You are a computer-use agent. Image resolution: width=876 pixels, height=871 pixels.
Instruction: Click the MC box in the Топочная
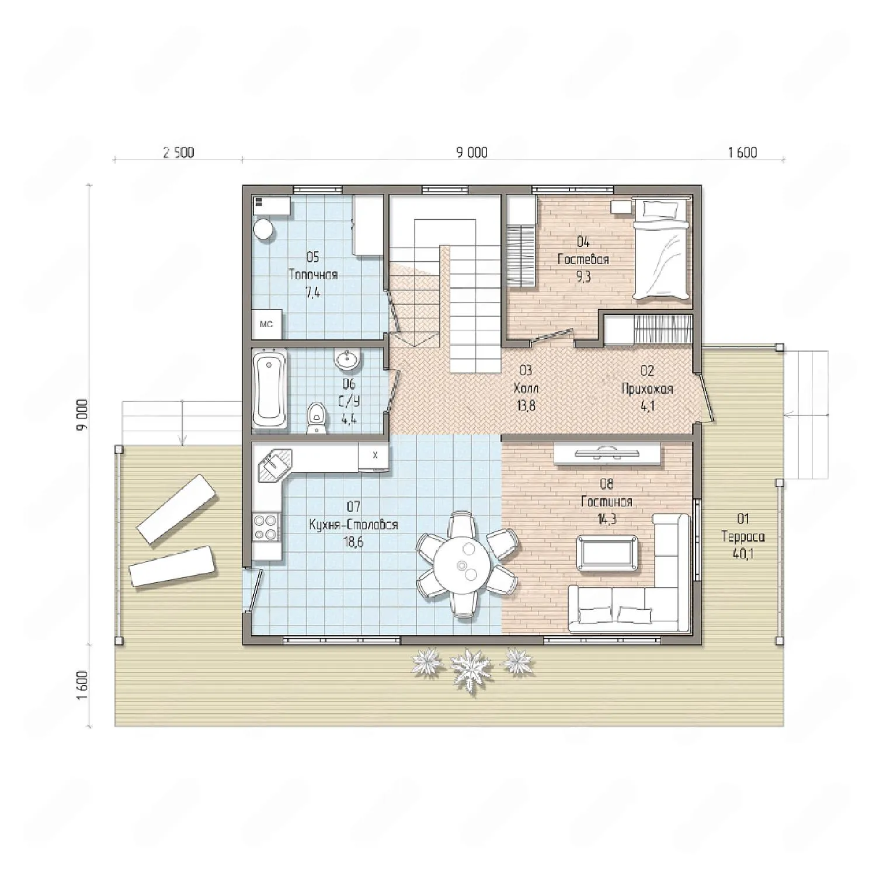tap(267, 324)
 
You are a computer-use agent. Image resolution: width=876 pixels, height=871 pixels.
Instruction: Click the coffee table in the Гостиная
tap(607, 551)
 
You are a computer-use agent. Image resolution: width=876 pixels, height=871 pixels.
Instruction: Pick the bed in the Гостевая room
tap(662, 249)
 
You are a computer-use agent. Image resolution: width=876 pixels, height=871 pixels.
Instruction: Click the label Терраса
tap(743, 536)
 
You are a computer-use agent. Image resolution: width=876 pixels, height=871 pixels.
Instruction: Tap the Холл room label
tap(526, 388)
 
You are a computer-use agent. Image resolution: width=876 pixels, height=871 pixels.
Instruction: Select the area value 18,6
tap(354, 542)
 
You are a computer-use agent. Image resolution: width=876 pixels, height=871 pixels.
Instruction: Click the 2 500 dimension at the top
tap(178, 153)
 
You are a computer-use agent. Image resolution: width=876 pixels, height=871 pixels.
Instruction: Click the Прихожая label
tap(648, 388)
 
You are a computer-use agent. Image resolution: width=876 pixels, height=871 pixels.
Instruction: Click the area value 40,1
tap(743, 554)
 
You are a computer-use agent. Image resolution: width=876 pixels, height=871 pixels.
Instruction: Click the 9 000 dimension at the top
tap(472, 153)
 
